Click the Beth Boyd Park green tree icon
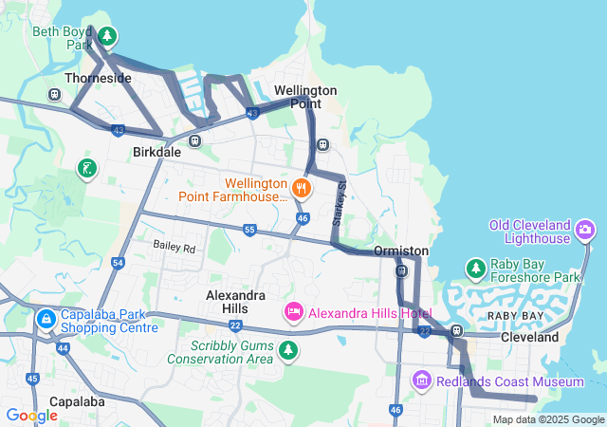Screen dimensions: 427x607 108,37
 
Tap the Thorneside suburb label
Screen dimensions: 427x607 98,78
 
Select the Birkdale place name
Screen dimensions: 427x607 156,152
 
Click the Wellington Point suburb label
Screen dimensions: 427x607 305,96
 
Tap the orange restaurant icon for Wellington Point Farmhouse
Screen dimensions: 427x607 302,187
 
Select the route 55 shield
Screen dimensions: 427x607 249,230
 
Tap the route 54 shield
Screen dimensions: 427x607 118,262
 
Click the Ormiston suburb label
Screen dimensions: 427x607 401,251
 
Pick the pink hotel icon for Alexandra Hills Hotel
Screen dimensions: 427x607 294,312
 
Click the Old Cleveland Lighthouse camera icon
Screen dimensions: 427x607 585,229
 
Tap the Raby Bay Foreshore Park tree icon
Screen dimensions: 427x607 476,269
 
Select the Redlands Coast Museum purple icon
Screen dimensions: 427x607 422,381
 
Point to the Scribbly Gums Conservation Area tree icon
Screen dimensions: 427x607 287,352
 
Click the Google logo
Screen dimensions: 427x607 31,415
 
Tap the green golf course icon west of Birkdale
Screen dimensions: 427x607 86,169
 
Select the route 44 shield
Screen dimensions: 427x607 63,348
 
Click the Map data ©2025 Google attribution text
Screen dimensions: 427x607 548,419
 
